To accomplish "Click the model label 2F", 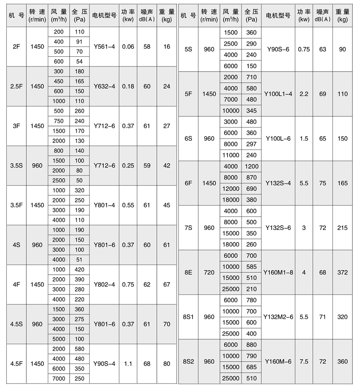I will pyautogui.click(x=17, y=47).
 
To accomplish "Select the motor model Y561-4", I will pyautogui.click(x=104, y=47).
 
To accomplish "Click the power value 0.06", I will pyautogui.click(x=128, y=47).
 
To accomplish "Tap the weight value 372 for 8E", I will pyautogui.click(x=342, y=272).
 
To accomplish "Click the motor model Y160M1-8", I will pyautogui.click(x=278, y=272).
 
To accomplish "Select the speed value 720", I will pyautogui.click(x=209, y=272).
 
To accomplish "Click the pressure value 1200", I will pyautogui.click(x=252, y=166).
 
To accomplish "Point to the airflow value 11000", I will pyautogui.click(x=231, y=155).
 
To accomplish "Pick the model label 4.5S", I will pyautogui.click(x=17, y=324).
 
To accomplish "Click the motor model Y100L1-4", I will pyautogui.click(x=278, y=94).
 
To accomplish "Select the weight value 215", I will pyautogui.click(x=342, y=228).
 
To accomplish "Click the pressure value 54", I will pyautogui.click(x=79, y=61).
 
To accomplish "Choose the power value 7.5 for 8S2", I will pyautogui.click(x=304, y=362).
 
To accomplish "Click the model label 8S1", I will pyautogui.click(x=188, y=317).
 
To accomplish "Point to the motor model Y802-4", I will pyautogui.click(x=104, y=284).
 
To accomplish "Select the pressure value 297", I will pyautogui.click(x=252, y=144).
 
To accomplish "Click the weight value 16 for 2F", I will pyautogui.click(x=167, y=47).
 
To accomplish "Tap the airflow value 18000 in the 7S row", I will pyautogui.click(x=231, y=244).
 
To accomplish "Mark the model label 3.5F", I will pyautogui.click(x=17, y=205).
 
